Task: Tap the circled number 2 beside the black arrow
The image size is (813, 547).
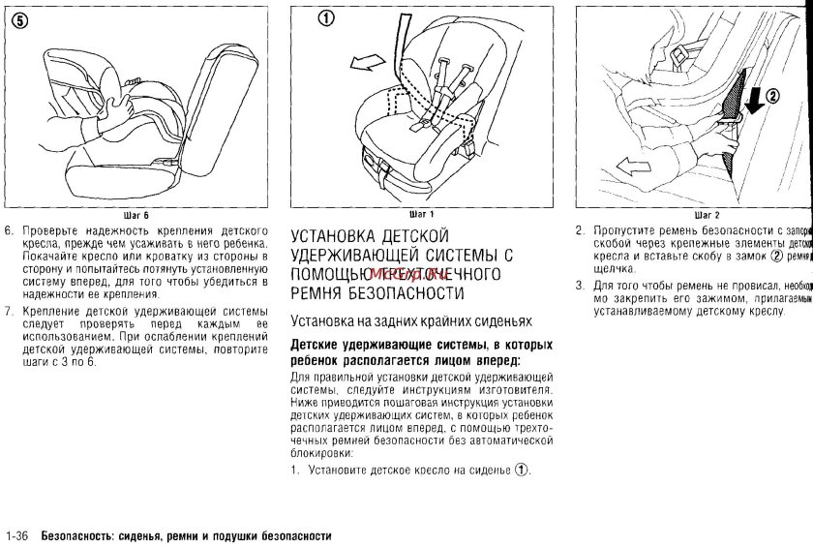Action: point(773,96)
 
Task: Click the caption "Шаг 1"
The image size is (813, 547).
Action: point(421,213)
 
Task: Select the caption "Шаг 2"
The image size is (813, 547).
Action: point(708,214)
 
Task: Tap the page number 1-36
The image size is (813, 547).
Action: point(19,535)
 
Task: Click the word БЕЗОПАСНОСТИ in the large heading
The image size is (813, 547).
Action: point(400,292)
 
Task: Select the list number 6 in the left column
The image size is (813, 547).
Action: point(9,232)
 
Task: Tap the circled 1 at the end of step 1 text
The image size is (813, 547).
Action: point(522,471)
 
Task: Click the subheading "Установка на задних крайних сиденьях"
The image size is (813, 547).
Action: point(411,320)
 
